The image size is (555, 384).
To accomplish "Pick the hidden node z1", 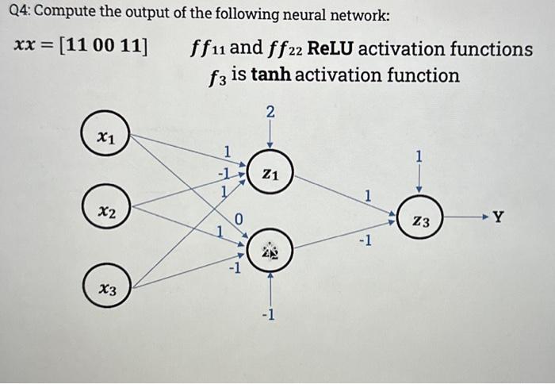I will [x=270, y=174].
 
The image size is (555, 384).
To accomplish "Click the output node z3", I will [x=422, y=224].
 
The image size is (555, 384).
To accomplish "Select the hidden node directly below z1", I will [x=270, y=251].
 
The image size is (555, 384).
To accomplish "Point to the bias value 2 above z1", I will [x=270, y=113].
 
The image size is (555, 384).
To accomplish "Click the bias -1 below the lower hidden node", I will [x=270, y=317].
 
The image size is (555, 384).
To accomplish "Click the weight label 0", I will [x=238, y=218].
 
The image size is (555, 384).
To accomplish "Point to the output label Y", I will [x=498, y=216].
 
